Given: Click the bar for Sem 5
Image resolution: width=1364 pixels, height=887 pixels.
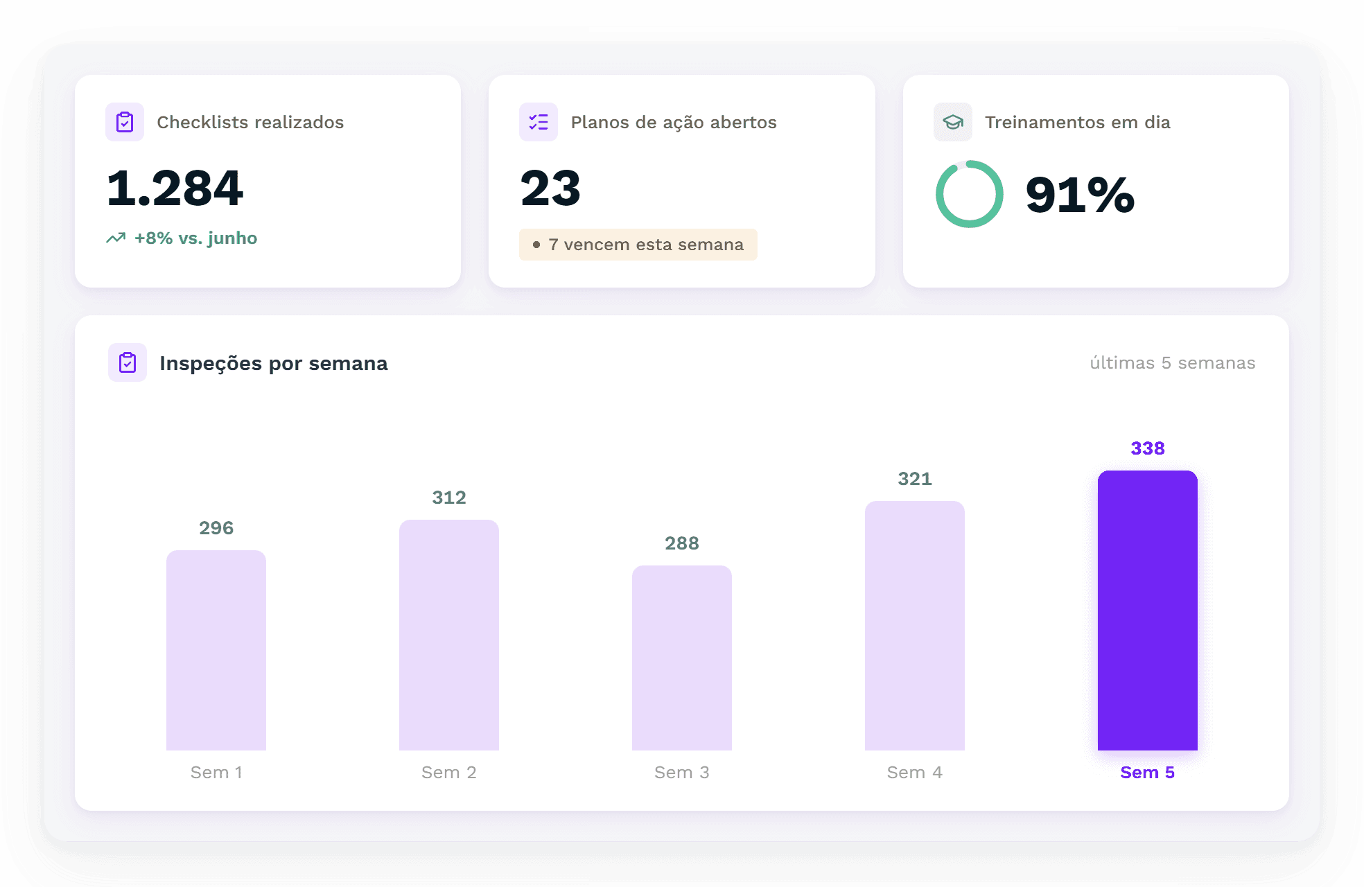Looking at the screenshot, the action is click(1147, 611).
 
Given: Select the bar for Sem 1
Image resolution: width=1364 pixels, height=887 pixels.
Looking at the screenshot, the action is click(216, 650).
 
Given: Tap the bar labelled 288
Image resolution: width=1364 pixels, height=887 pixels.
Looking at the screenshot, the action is click(682, 658).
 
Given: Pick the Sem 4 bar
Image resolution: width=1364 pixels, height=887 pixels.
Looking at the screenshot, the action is click(915, 626).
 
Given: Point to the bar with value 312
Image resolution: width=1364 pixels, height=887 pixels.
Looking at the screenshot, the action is click(449, 635).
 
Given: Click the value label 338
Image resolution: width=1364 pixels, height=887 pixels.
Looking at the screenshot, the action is click(1148, 448).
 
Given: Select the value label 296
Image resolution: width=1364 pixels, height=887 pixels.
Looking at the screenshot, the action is click(216, 528).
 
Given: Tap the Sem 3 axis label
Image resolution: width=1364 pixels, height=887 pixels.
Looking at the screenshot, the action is click(682, 773).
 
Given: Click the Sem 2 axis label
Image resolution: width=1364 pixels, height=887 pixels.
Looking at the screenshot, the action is click(449, 773).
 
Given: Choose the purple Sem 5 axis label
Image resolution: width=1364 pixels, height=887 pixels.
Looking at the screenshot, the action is click(1148, 773).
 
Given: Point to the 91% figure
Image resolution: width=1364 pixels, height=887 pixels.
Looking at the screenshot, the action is click(1080, 195).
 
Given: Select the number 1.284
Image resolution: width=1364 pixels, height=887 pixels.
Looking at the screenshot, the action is click(175, 188).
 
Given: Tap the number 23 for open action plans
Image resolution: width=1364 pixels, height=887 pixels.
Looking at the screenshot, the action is click(550, 188).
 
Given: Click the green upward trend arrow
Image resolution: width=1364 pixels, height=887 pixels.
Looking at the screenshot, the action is click(116, 238).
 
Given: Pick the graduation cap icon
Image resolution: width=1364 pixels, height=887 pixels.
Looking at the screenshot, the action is click(953, 122).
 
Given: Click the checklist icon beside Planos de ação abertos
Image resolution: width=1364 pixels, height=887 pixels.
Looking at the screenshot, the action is click(539, 122).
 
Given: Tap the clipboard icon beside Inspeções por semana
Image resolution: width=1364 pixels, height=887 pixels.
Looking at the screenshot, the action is click(128, 362).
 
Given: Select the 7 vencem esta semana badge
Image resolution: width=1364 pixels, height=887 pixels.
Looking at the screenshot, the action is click(638, 245).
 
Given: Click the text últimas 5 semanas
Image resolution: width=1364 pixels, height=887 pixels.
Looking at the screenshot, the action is click(1173, 363).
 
